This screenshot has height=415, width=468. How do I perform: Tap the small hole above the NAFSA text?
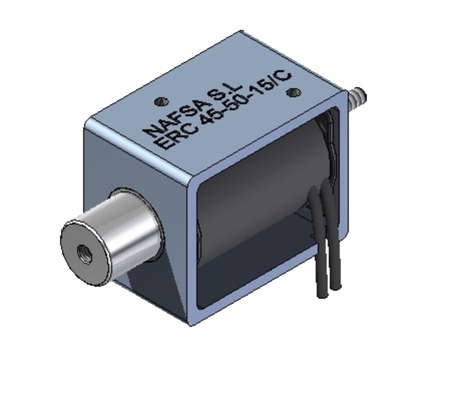point(161,101)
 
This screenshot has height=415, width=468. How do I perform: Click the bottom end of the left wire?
point(322,293)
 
